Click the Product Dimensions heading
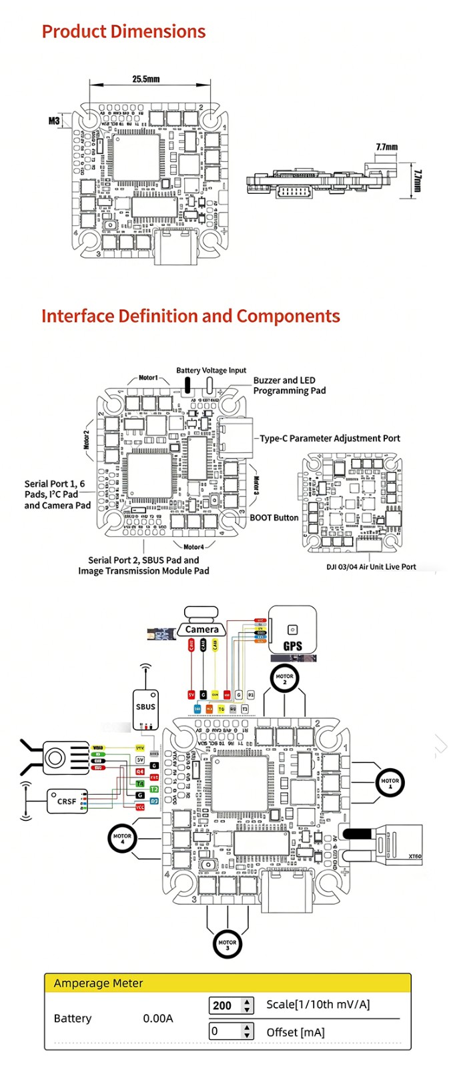click(123, 31)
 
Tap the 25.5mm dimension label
click(145, 79)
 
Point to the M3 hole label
click(54, 121)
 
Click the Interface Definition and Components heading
click(190, 316)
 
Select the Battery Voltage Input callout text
click(211, 370)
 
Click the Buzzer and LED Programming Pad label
click(289, 385)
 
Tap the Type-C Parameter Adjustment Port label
click(330, 438)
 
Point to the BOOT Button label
click(274, 518)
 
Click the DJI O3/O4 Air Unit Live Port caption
click(370, 567)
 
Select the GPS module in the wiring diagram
click(292, 630)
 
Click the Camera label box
click(201, 629)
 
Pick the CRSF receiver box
click(67, 801)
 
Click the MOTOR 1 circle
click(390, 783)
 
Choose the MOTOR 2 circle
click(284, 679)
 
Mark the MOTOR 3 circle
click(227, 943)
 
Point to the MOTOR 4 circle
click(122, 839)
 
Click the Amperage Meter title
click(98, 983)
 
